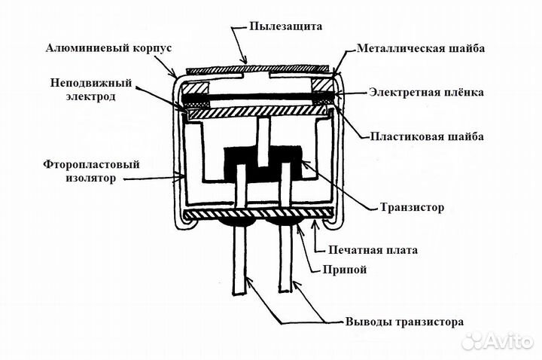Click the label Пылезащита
[285, 26]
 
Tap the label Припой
[349, 270]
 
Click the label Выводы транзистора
[404, 322]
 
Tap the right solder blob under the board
[286, 224]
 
